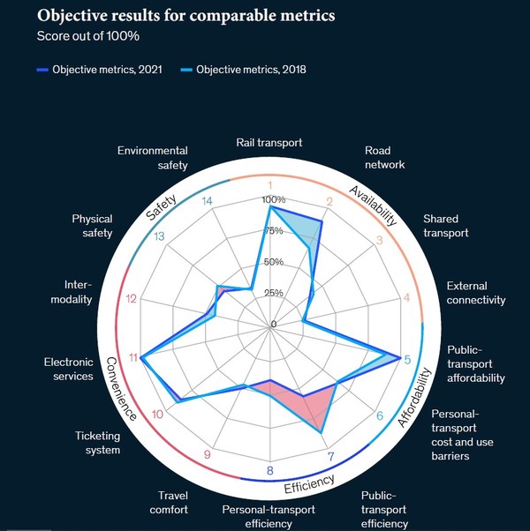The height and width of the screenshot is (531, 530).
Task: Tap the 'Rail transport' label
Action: click(x=269, y=142)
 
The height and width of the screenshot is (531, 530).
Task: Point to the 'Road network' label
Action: click(x=384, y=157)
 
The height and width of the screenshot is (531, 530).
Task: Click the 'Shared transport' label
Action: click(x=446, y=226)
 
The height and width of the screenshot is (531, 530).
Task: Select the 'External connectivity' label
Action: click(x=475, y=293)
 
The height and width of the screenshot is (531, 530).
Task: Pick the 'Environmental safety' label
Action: click(x=153, y=157)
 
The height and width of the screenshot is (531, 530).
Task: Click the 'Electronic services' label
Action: click(x=68, y=369)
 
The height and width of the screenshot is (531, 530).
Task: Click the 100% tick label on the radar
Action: click(x=271, y=199)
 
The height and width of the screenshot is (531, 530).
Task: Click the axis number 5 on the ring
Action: click(x=407, y=359)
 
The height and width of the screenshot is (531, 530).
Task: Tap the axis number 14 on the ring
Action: click(x=208, y=201)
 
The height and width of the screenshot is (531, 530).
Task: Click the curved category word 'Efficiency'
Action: click(x=309, y=482)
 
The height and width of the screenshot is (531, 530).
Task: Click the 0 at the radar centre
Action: click(x=274, y=324)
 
